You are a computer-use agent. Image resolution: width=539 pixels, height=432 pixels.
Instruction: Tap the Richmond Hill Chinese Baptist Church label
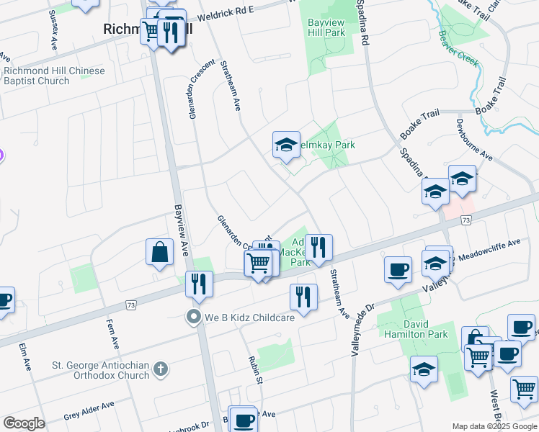(x=54, y=76)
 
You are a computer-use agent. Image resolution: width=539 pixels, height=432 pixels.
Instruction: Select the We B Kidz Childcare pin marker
(x=192, y=317)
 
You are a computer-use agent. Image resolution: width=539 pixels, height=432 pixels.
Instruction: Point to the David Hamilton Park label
(x=420, y=329)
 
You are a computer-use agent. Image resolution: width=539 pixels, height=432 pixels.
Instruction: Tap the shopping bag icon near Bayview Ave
(x=159, y=253)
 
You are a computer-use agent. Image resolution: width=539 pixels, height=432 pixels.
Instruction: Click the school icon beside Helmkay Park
(x=286, y=145)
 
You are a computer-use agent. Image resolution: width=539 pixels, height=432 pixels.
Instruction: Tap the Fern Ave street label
(x=112, y=334)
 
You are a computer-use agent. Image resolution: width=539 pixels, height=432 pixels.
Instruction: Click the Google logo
(x=24, y=423)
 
